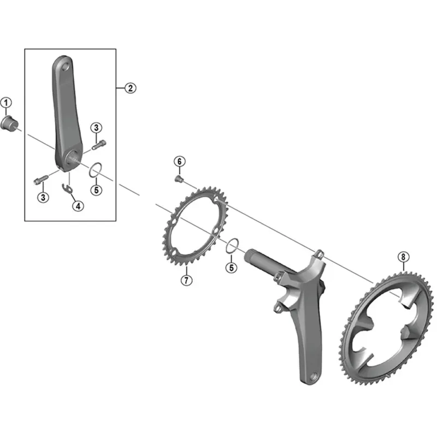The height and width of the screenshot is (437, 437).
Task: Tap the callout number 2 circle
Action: [129, 88]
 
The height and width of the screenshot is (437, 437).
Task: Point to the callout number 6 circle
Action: [179, 161]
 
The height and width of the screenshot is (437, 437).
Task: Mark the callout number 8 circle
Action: [403, 256]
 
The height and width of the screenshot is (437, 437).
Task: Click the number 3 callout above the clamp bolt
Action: [96, 128]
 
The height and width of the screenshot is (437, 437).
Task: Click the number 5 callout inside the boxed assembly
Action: [96, 190]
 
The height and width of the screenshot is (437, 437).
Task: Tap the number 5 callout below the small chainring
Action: [232, 268]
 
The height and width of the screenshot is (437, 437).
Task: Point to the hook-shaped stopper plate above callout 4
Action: [68, 188]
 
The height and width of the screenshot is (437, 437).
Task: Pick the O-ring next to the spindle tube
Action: [232, 245]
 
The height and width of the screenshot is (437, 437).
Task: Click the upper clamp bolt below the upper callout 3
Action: [98, 145]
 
